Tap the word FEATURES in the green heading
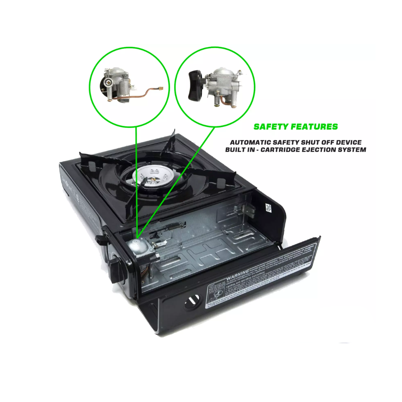[x=317, y=127]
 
